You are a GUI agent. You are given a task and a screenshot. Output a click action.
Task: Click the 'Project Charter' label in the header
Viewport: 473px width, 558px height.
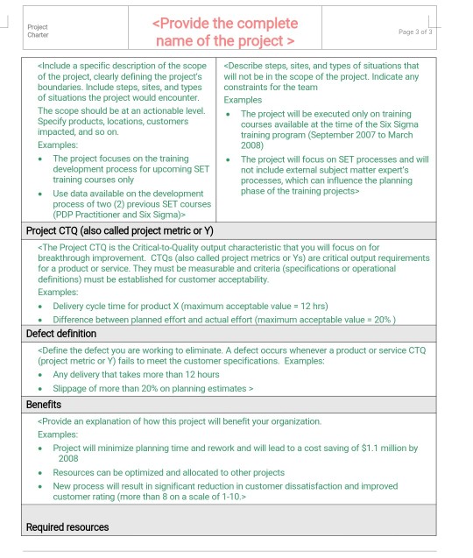point(38,31)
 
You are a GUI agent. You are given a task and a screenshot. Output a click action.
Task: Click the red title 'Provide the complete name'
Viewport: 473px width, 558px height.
point(225,32)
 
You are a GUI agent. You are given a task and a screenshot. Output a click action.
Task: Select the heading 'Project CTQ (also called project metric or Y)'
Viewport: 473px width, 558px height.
point(119,231)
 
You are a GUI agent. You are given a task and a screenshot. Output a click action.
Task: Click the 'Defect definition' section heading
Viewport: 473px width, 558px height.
point(61,334)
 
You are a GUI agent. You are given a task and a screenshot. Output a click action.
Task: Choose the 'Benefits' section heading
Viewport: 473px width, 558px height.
point(44,405)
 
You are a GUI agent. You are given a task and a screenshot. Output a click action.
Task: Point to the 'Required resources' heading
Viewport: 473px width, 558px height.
point(67,526)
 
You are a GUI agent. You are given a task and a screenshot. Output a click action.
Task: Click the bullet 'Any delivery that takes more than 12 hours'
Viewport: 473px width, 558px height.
point(136,374)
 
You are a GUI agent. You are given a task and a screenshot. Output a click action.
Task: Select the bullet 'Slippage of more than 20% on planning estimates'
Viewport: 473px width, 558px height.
point(153,387)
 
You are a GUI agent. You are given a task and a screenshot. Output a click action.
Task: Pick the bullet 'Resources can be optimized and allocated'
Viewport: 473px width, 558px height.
point(168,472)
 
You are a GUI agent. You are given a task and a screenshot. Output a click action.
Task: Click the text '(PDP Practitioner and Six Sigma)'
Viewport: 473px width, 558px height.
point(119,213)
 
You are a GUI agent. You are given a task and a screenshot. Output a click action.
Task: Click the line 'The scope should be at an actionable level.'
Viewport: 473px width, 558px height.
point(121,111)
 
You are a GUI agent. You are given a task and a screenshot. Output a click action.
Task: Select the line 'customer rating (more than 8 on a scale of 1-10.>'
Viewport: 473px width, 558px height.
point(149,497)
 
